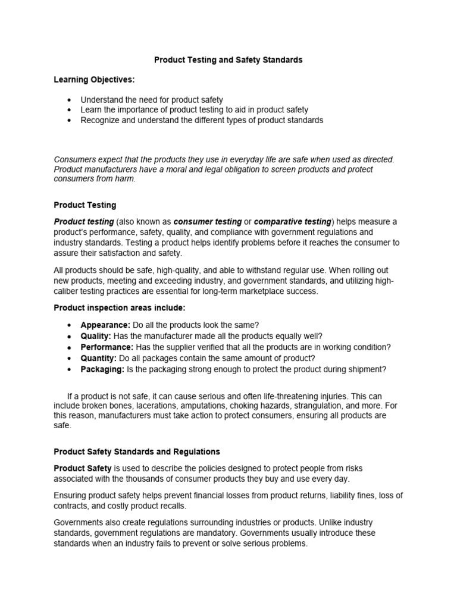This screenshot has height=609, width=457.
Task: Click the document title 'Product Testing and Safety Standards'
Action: tap(228, 60)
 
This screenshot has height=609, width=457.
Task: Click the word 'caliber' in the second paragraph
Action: tap(67, 291)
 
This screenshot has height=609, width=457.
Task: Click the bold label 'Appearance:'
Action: tap(105, 325)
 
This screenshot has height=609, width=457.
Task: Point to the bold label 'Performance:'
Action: tap(107, 347)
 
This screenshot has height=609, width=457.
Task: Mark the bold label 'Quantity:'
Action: tap(99, 358)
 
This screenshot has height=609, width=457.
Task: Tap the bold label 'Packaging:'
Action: tap(102, 369)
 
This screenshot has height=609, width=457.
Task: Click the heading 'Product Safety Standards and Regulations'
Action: tap(137, 452)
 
